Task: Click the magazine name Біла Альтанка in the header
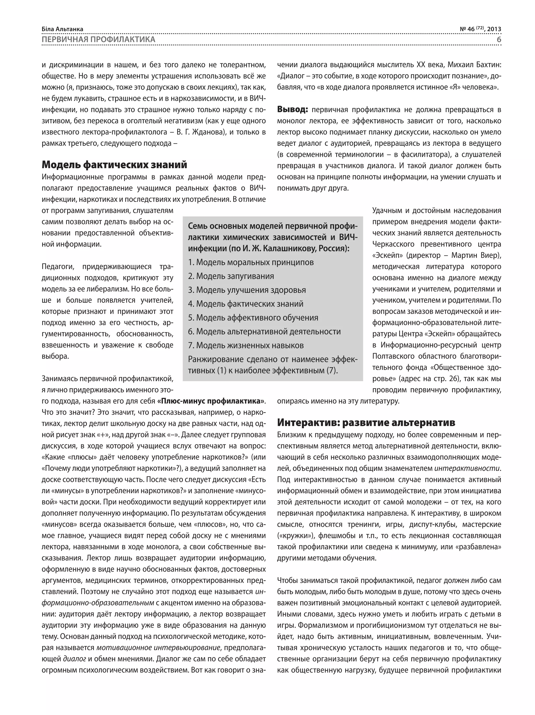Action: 62,29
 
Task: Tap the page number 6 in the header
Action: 498,39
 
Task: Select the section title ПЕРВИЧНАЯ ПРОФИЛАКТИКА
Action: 98,39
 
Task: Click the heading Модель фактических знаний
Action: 114,165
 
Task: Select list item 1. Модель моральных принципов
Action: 251,262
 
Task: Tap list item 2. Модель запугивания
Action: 231,276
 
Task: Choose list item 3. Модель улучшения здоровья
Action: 247,290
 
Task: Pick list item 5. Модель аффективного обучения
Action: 253,317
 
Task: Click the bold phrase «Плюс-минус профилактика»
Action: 211,401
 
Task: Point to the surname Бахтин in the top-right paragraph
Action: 489,65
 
